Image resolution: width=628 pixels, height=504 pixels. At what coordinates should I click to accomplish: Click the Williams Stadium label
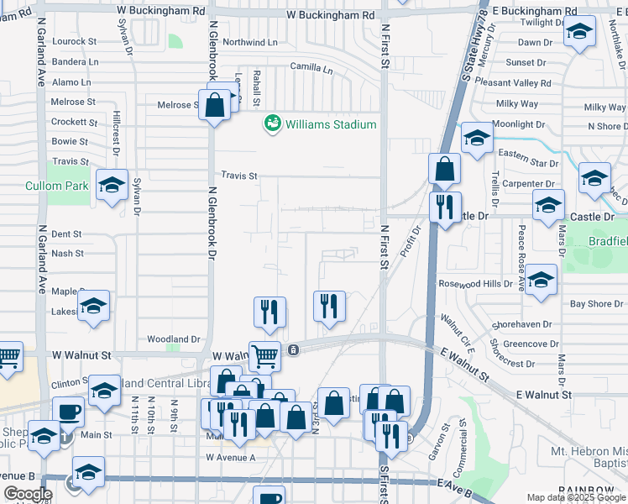331,124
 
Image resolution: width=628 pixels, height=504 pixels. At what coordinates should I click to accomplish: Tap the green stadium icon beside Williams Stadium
272,124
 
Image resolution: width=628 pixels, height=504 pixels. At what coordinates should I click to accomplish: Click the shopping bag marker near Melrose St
216,106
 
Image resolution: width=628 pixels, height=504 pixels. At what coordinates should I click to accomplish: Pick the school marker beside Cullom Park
112,186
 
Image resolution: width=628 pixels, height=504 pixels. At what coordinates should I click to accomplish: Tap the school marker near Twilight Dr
578,34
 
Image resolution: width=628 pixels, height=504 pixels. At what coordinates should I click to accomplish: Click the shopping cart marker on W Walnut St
264,355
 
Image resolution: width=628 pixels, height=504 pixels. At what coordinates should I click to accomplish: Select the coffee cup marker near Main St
68,412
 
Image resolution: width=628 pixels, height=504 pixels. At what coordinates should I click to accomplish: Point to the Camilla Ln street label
311,66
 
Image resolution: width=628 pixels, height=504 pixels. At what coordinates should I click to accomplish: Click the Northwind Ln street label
250,42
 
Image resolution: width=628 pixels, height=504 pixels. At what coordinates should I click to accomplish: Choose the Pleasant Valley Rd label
512,83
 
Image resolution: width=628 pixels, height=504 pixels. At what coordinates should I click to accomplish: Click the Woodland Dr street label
174,339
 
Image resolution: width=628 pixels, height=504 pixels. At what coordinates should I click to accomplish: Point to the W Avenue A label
230,458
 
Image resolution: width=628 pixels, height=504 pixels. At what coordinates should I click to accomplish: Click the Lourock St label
76,41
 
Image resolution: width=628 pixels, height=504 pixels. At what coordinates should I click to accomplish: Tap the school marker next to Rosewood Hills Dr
542,280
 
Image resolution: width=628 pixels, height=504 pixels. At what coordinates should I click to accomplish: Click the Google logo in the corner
27,494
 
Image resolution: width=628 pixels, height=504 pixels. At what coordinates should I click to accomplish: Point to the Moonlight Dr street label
518,124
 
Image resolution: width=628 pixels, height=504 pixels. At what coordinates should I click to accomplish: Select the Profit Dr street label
410,242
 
